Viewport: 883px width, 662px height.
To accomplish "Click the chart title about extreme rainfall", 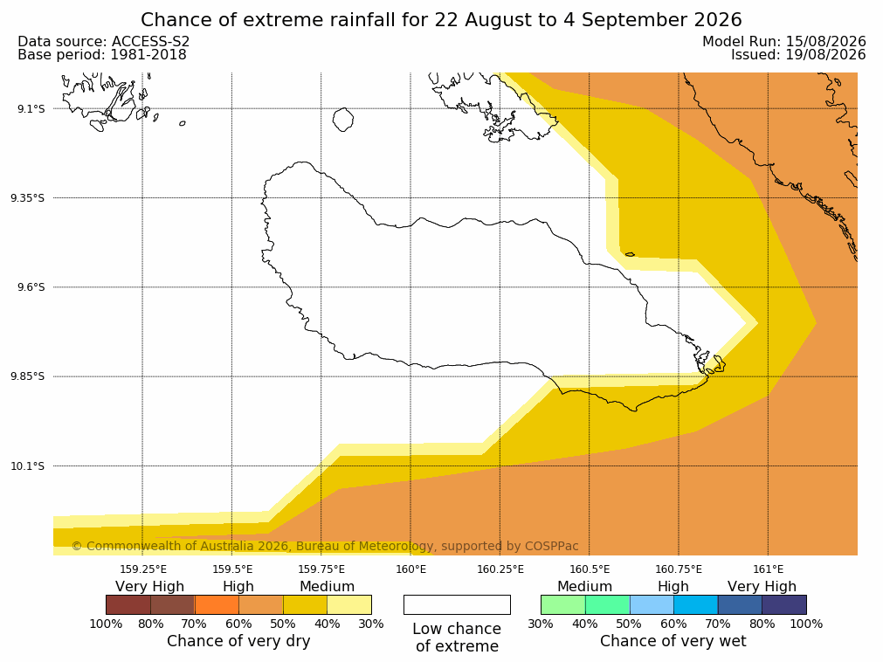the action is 441,20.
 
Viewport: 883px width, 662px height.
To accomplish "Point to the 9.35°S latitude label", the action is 28,198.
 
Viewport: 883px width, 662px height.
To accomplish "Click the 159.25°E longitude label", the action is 143,569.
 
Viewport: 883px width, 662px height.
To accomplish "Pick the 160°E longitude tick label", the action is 410,569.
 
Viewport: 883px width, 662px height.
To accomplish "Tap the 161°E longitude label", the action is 768,569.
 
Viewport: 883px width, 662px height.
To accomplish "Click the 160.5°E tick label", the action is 590,569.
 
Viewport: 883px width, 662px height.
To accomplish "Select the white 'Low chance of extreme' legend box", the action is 457,604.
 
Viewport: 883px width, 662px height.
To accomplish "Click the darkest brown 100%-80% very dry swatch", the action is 128,604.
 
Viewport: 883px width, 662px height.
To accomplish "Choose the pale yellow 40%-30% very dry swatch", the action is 349,604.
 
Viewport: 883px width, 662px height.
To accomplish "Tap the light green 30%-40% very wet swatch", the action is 563,604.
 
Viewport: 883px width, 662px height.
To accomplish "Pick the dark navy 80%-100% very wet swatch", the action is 784,604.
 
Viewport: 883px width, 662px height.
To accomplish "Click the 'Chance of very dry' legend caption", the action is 238,641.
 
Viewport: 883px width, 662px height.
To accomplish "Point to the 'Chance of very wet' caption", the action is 673,641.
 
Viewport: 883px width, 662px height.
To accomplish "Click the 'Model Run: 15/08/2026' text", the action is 784,42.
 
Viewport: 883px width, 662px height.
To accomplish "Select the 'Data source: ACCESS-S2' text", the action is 104,42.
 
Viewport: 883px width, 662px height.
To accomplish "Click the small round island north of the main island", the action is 343,120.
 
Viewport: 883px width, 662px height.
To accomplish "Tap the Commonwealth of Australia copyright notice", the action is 325,546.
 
